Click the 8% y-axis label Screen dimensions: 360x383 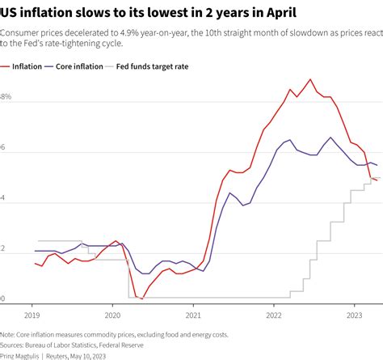pos(6,97)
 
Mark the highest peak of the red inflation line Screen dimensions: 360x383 pos(310,79)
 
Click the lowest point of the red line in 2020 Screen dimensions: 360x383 pos(142,299)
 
